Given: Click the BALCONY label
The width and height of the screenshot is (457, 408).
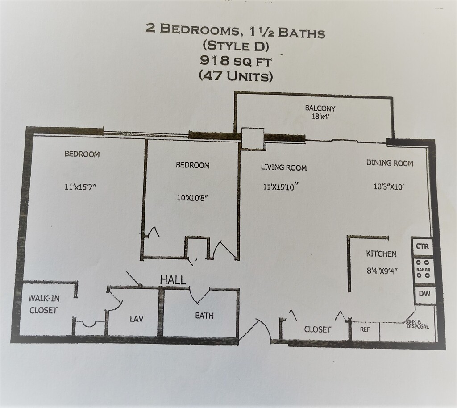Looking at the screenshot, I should click(320, 108).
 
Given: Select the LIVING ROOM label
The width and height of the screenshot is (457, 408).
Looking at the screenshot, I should click(283, 168).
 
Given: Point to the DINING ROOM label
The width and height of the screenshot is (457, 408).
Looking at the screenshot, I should click(390, 163).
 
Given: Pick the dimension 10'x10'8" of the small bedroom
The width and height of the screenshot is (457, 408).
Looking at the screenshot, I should click(192, 197).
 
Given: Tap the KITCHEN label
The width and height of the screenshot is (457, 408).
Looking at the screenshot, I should click(381, 254).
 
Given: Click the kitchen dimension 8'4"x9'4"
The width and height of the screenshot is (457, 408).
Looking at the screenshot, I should click(382, 270).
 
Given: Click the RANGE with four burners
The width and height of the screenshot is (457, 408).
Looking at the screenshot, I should click(423, 270).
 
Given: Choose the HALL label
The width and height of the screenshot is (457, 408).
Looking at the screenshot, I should click(173, 280).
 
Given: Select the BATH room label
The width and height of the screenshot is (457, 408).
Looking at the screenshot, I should click(204, 316).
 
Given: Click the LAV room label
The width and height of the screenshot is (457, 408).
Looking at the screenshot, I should click(137, 319).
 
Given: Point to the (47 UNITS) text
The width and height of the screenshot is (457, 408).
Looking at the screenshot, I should click(235, 76).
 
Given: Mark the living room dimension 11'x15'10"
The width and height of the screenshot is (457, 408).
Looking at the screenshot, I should click(281, 187).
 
